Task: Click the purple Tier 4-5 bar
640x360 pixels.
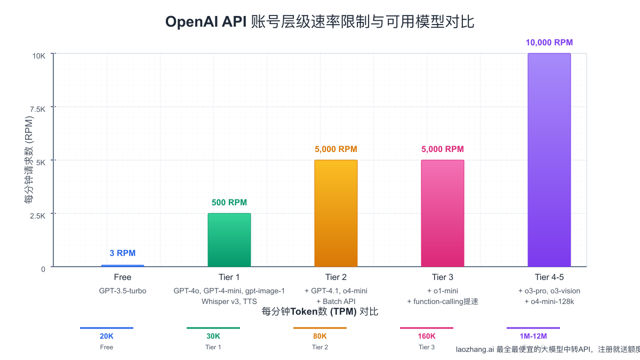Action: (549, 160)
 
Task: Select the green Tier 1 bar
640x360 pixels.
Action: (229, 240)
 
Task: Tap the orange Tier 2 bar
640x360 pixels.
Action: (336, 213)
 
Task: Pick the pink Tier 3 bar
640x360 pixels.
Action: (443, 213)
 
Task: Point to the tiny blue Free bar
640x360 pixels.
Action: (123, 266)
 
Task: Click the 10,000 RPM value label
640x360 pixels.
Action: (549, 43)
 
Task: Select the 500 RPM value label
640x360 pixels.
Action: (229, 203)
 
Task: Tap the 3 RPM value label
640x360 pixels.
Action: (123, 253)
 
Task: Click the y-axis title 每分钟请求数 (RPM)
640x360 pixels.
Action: (29, 160)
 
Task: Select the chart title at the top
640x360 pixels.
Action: (320, 21)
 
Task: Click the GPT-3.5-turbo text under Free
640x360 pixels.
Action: (123, 291)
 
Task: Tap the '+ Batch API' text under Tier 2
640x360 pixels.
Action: (336, 301)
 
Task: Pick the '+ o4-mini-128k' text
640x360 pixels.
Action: (549, 301)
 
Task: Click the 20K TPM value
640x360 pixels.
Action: (107, 337)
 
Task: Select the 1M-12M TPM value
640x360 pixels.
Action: (533, 337)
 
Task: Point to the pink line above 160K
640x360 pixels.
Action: (427, 328)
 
